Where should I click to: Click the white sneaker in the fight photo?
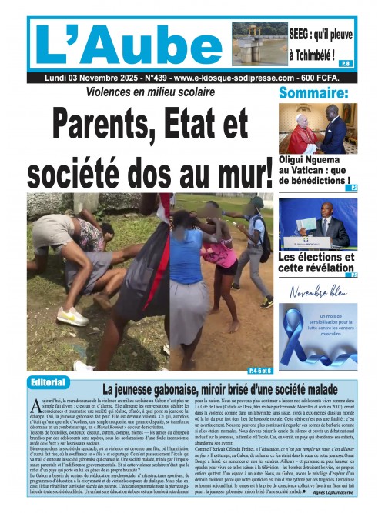pyautogui.click(x=72, y=316)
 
